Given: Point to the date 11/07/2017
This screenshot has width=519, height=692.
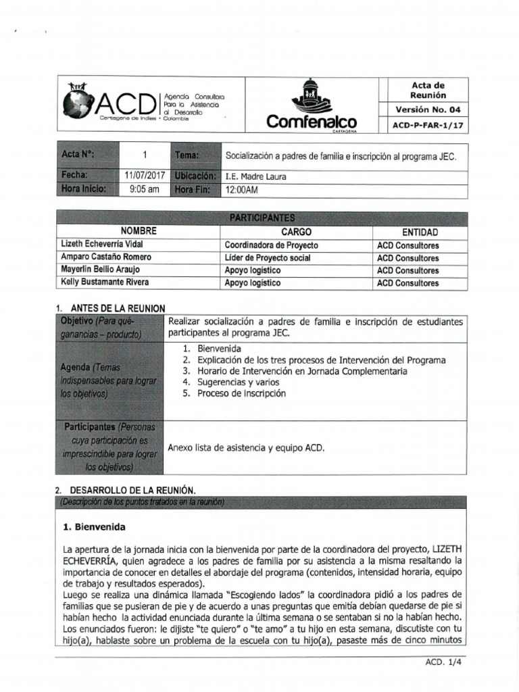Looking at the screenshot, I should [145, 177].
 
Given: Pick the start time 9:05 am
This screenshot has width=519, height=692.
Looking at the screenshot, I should [145, 190].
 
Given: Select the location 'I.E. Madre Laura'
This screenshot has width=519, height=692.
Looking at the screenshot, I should [256, 177].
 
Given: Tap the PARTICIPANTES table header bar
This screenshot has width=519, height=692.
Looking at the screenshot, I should [262, 218].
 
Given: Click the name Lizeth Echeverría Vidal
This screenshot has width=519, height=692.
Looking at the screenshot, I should [102, 245].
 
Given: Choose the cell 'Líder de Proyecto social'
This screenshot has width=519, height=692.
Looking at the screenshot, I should [268, 257].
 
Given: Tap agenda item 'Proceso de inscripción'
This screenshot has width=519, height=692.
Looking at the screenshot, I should [241, 393].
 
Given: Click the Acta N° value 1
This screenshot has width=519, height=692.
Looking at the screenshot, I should [145, 155].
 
